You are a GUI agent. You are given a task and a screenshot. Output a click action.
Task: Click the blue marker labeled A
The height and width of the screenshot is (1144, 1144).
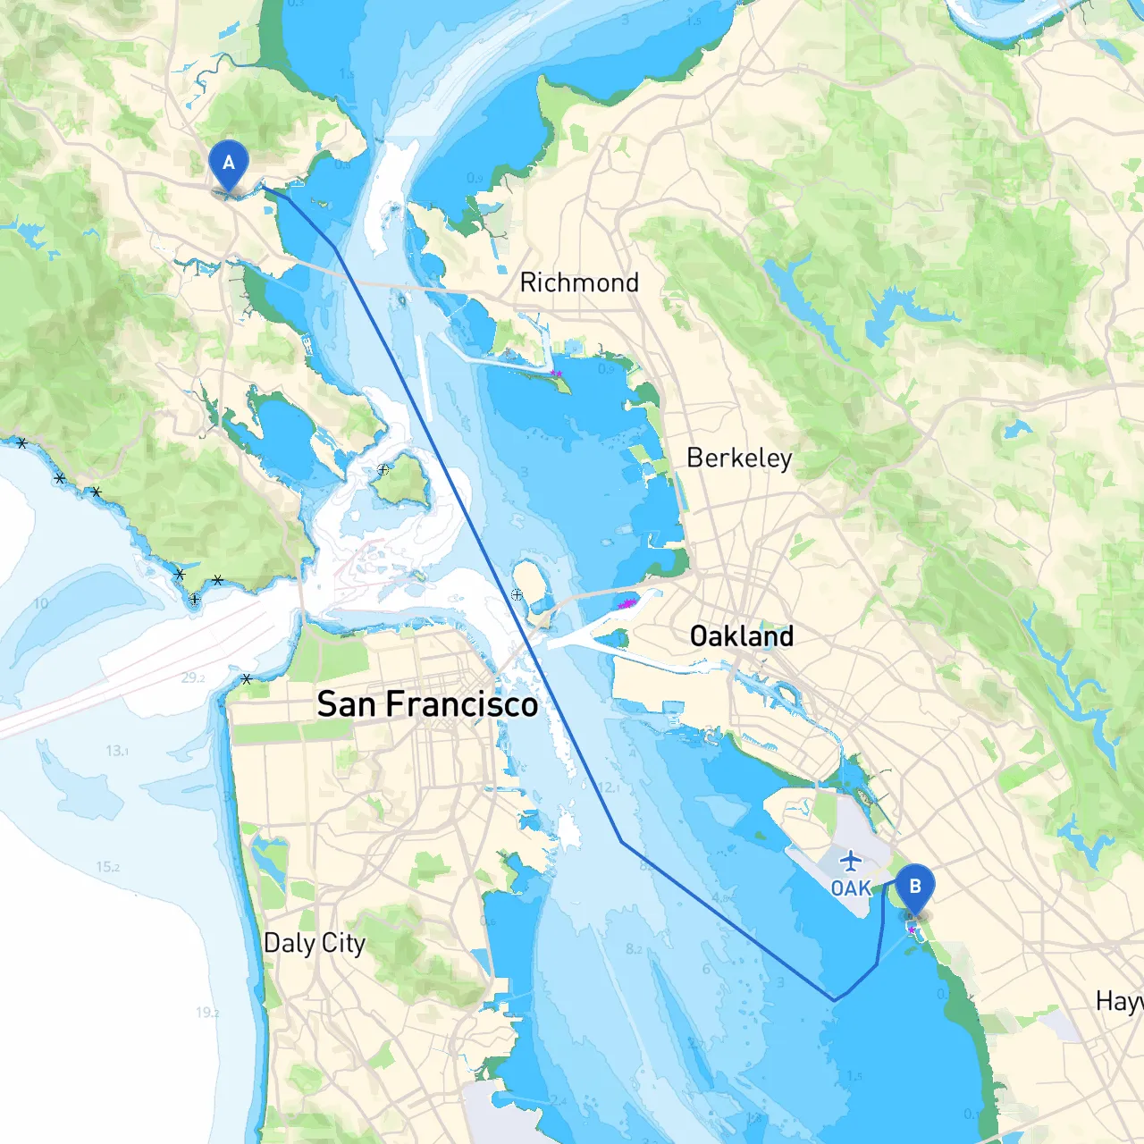coord(229,164)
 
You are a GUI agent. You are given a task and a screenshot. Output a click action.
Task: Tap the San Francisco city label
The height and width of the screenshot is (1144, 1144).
coord(427,704)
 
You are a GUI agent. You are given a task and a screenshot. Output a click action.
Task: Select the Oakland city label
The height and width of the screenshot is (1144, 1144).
coord(741,636)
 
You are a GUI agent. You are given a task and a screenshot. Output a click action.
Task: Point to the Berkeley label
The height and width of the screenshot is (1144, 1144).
coord(739,458)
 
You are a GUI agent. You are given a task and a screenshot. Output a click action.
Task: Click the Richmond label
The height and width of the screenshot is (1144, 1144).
coord(579,283)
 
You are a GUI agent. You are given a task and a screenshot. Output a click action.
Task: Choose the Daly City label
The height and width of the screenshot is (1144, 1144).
coord(315,943)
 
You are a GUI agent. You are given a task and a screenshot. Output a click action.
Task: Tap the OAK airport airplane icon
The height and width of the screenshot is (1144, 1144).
coord(851,862)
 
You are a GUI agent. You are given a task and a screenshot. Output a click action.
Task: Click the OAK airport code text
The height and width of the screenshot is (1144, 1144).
coord(850,887)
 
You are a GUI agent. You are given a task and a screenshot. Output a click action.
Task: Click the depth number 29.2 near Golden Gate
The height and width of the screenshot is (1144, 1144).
coord(193,677)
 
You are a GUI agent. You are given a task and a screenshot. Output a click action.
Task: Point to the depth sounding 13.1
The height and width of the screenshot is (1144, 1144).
coord(117,751)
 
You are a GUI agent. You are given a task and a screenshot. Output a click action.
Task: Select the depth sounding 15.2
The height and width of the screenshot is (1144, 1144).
coord(107,867)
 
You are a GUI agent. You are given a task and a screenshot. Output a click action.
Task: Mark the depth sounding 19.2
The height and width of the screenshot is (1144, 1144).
coord(207,1013)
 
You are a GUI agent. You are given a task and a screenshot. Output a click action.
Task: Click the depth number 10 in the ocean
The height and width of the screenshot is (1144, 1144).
coord(41,604)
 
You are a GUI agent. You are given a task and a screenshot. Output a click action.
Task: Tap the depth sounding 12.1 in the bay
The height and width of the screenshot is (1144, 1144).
coord(607,787)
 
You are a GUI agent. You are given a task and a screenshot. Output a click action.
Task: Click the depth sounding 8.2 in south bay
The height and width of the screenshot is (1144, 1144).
coord(634,949)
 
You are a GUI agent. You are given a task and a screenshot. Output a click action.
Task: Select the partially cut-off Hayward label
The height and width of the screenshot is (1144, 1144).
coord(1119,1001)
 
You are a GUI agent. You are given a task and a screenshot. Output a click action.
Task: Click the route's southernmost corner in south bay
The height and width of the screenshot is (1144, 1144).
coord(835,1000)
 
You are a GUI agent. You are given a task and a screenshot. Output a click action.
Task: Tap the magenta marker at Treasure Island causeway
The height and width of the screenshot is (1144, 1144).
coord(627,604)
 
